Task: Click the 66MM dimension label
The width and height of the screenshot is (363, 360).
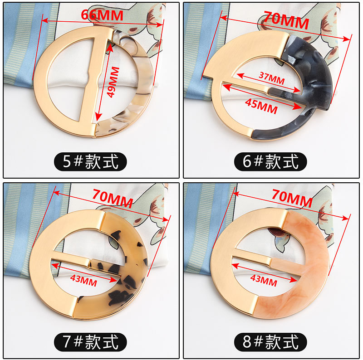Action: click(102, 15)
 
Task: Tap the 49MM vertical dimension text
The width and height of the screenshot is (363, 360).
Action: click(113, 82)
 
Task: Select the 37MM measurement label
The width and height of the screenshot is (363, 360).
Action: click(272, 78)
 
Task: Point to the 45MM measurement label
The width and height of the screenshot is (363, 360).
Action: click(261, 106)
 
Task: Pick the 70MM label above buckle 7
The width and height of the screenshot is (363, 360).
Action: click(113, 198)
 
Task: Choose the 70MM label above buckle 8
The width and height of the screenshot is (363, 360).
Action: click(292, 198)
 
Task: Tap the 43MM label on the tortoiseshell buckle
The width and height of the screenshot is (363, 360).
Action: click(83, 280)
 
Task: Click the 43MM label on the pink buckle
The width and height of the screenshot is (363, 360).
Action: click(264, 280)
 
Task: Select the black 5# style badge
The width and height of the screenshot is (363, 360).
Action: click(90, 161)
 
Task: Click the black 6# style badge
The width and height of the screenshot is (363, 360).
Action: click(270, 161)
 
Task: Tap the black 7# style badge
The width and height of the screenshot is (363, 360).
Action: click(90, 342)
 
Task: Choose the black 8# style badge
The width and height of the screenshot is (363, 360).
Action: click(270, 342)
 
